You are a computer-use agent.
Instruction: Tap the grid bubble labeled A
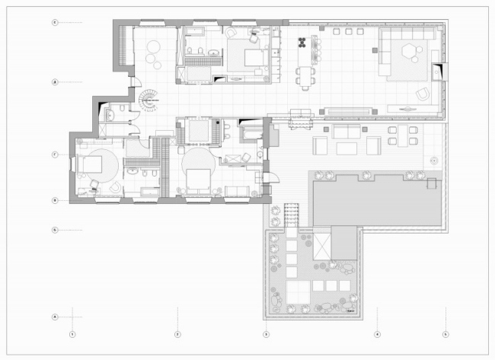(55, 317)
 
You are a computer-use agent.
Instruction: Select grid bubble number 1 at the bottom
(72, 333)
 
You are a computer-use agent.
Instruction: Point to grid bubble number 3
(266, 333)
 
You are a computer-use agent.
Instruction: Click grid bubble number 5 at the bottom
(446, 333)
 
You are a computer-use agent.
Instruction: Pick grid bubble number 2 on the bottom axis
(177, 333)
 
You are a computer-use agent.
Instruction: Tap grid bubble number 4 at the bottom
(377, 333)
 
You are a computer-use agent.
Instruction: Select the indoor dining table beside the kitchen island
(305, 76)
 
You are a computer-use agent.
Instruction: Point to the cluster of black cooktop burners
(304, 41)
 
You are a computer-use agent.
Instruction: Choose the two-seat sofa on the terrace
(348, 132)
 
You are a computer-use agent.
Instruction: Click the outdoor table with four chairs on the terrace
(402, 135)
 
